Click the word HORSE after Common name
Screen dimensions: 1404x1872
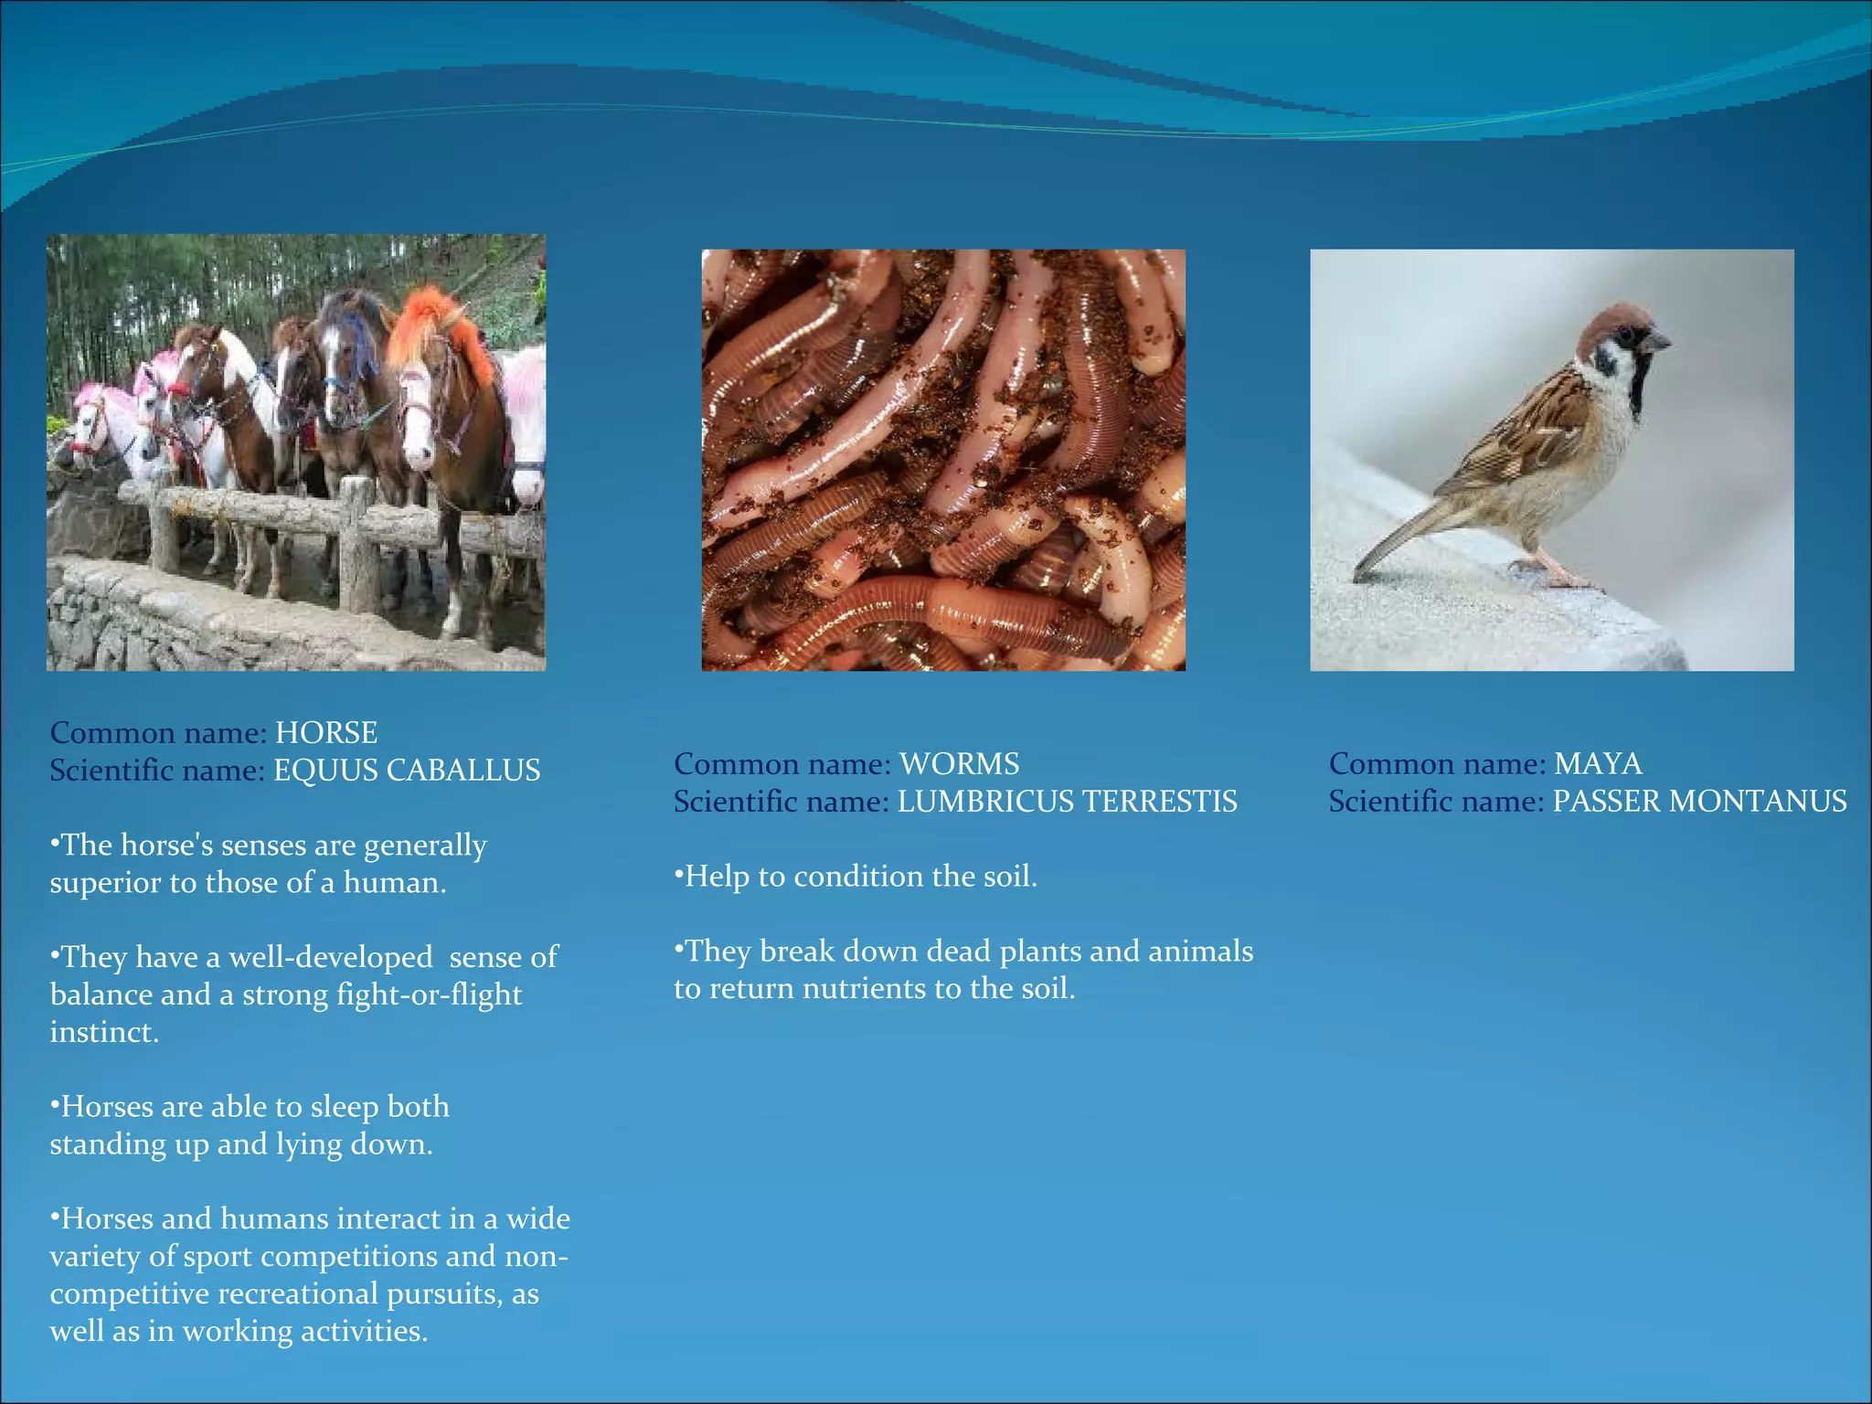pyautogui.click(x=326, y=733)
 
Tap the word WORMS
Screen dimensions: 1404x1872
pyautogui.click(x=959, y=764)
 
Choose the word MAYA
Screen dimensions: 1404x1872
pyautogui.click(x=1598, y=764)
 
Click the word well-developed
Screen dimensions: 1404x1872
pyautogui.click(x=330, y=957)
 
